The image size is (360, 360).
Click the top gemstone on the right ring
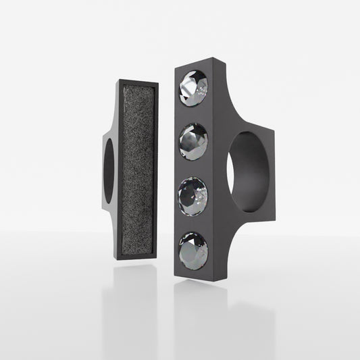194,88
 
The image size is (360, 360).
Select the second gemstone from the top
194,142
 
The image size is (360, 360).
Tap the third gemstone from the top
193,195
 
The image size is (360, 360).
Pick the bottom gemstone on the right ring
194,249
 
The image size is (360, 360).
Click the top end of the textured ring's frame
138,82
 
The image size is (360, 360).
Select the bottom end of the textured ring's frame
140,257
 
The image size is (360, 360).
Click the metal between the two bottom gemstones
194,222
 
